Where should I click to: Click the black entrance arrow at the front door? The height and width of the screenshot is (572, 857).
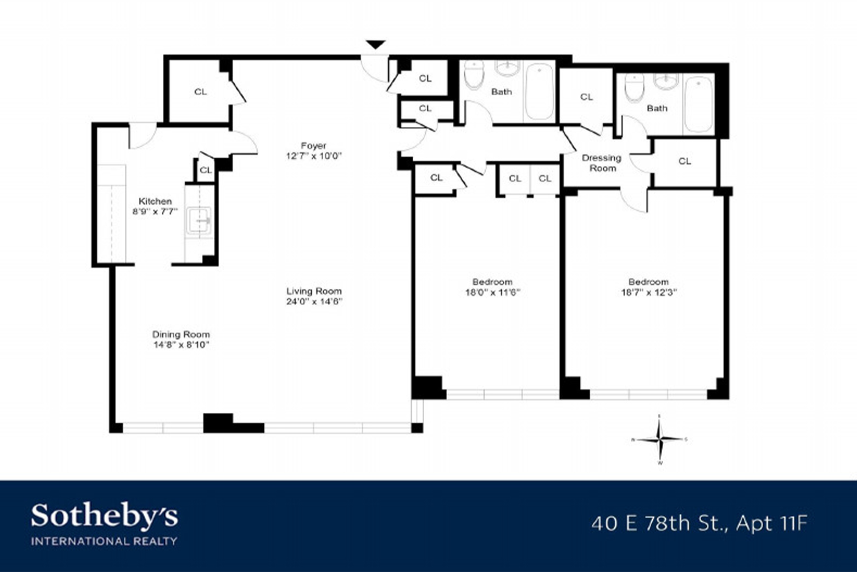(376, 45)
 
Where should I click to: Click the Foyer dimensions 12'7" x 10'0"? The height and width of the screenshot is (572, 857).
(314, 156)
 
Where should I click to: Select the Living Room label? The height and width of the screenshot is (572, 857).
(314, 291)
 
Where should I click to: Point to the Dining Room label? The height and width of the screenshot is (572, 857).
(181, 334)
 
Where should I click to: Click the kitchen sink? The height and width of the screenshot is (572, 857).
(200, 221)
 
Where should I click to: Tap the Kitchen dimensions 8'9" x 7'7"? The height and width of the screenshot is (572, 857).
(155, 211)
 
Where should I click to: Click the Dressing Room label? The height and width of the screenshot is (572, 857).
(602, 163)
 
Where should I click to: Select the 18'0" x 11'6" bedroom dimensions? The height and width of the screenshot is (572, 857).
(492, 292)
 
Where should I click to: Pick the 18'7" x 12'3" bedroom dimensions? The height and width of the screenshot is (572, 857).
(648, 292)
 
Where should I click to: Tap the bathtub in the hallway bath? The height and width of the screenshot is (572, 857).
(539, 92)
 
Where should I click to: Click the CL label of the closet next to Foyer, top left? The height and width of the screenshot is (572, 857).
(200, 92)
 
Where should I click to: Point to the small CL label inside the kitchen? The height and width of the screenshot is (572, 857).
(206, 170)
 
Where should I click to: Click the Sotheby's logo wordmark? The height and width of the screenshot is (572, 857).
(104, 516)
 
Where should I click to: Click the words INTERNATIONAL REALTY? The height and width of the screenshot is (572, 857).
(104, 541)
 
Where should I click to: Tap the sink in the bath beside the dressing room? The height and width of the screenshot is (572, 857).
(666, 81)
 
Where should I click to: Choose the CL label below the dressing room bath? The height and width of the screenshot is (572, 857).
(684, 161)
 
